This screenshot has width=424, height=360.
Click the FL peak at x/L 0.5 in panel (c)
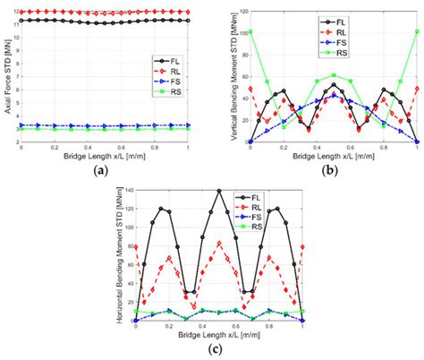tap(219, 191)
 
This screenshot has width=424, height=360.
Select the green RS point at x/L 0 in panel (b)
tap(251, 32)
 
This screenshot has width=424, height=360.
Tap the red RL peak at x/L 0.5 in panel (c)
tap(219, 243)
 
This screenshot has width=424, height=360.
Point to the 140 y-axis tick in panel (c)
tap(128, 190)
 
